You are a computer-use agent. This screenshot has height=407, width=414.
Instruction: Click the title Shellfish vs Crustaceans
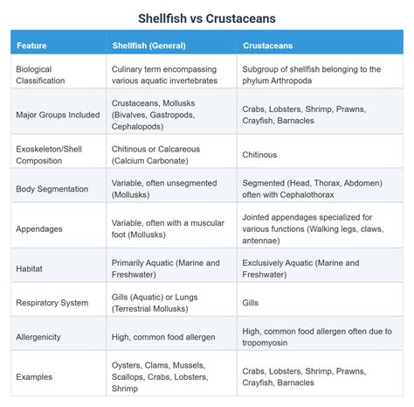pyautogui.click(x=207, y=18)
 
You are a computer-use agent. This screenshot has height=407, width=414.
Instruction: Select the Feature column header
pyautogui.click(x=31, y=45)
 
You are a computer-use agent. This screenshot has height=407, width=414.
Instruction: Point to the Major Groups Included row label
pyautogui.click(x=58, y=114)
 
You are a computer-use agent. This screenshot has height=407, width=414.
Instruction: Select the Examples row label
pyautogui.click(x=34, y=376)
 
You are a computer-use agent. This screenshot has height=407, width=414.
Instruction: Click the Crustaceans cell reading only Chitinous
pyautogui.click(x=259, y=154)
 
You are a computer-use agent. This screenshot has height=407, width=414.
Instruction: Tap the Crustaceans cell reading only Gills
pyautogui.click(x=250, y=303)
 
